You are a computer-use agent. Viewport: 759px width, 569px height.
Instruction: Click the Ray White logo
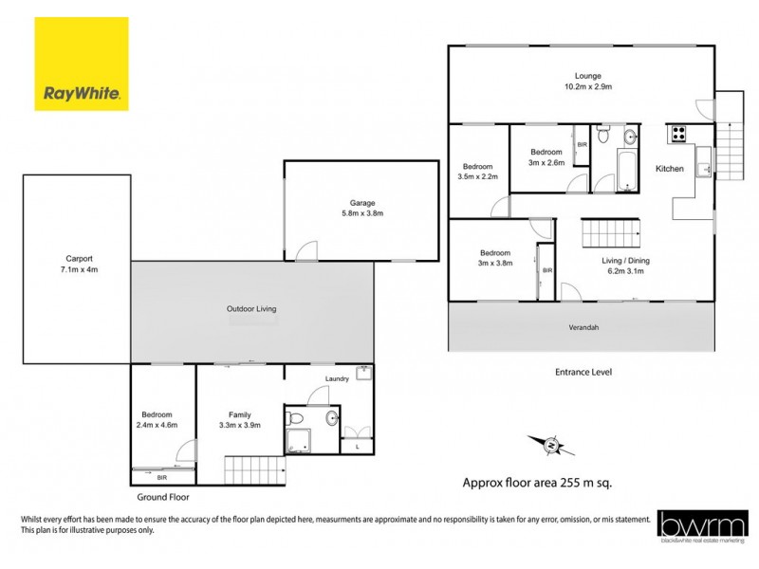(81, 64)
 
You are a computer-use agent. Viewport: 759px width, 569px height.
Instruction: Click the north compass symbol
(550, 442)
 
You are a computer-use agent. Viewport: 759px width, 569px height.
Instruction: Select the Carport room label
(78, 258)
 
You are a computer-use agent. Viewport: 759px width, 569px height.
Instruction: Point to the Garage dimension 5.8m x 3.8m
(361, 213)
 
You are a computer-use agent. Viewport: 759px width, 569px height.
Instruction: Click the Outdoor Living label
(250, 309)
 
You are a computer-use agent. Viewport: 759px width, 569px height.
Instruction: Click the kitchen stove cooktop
(679, 134)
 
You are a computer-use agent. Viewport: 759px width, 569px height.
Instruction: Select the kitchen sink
(703, 168)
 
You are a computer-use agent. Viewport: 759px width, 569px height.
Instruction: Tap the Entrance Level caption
(583, 372)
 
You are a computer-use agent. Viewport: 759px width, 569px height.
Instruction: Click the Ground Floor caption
(163, 497)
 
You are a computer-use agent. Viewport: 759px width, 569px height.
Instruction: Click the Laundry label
(337, 379)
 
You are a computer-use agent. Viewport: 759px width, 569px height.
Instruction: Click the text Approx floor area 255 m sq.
(537, 482)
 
